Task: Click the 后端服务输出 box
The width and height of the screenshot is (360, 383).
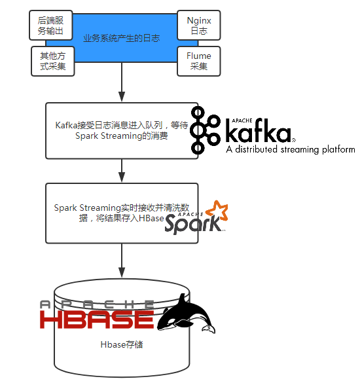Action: click(x=51, y=25)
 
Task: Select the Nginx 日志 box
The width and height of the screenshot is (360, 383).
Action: click(x=199, y=25)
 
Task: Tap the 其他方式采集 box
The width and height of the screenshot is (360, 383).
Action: click(x=53, y=61)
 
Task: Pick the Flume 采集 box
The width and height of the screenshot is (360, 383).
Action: click(x=199, y=61)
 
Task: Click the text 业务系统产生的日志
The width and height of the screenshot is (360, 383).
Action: click(x=122, y=39)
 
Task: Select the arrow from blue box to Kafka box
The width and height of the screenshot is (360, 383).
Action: click(x=122, y=82)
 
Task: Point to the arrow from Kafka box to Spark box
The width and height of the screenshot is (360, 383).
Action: click(x=122, y=171)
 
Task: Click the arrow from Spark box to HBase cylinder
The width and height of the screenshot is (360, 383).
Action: click(x=122, y=261)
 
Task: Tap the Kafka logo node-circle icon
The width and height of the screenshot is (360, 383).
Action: click(x=205, y=130)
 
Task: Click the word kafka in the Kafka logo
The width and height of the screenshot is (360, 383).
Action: click(x=259, y=130)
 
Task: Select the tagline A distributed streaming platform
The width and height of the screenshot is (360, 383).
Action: click(x=291, y=149)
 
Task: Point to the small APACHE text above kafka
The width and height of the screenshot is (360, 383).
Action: click(x=242, y=120)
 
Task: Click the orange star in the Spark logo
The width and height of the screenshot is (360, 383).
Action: click(x=217, y=211)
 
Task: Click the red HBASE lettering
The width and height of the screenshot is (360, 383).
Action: click(x=97, y=319)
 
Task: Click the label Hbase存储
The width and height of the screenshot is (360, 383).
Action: click(x=122, y=344)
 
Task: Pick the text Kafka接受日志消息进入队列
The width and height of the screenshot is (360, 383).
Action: click(x=109, y=125)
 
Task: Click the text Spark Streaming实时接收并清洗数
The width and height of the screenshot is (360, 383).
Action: click(x=122, y=208)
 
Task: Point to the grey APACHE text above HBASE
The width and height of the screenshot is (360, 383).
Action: click(x=97, y=304)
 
